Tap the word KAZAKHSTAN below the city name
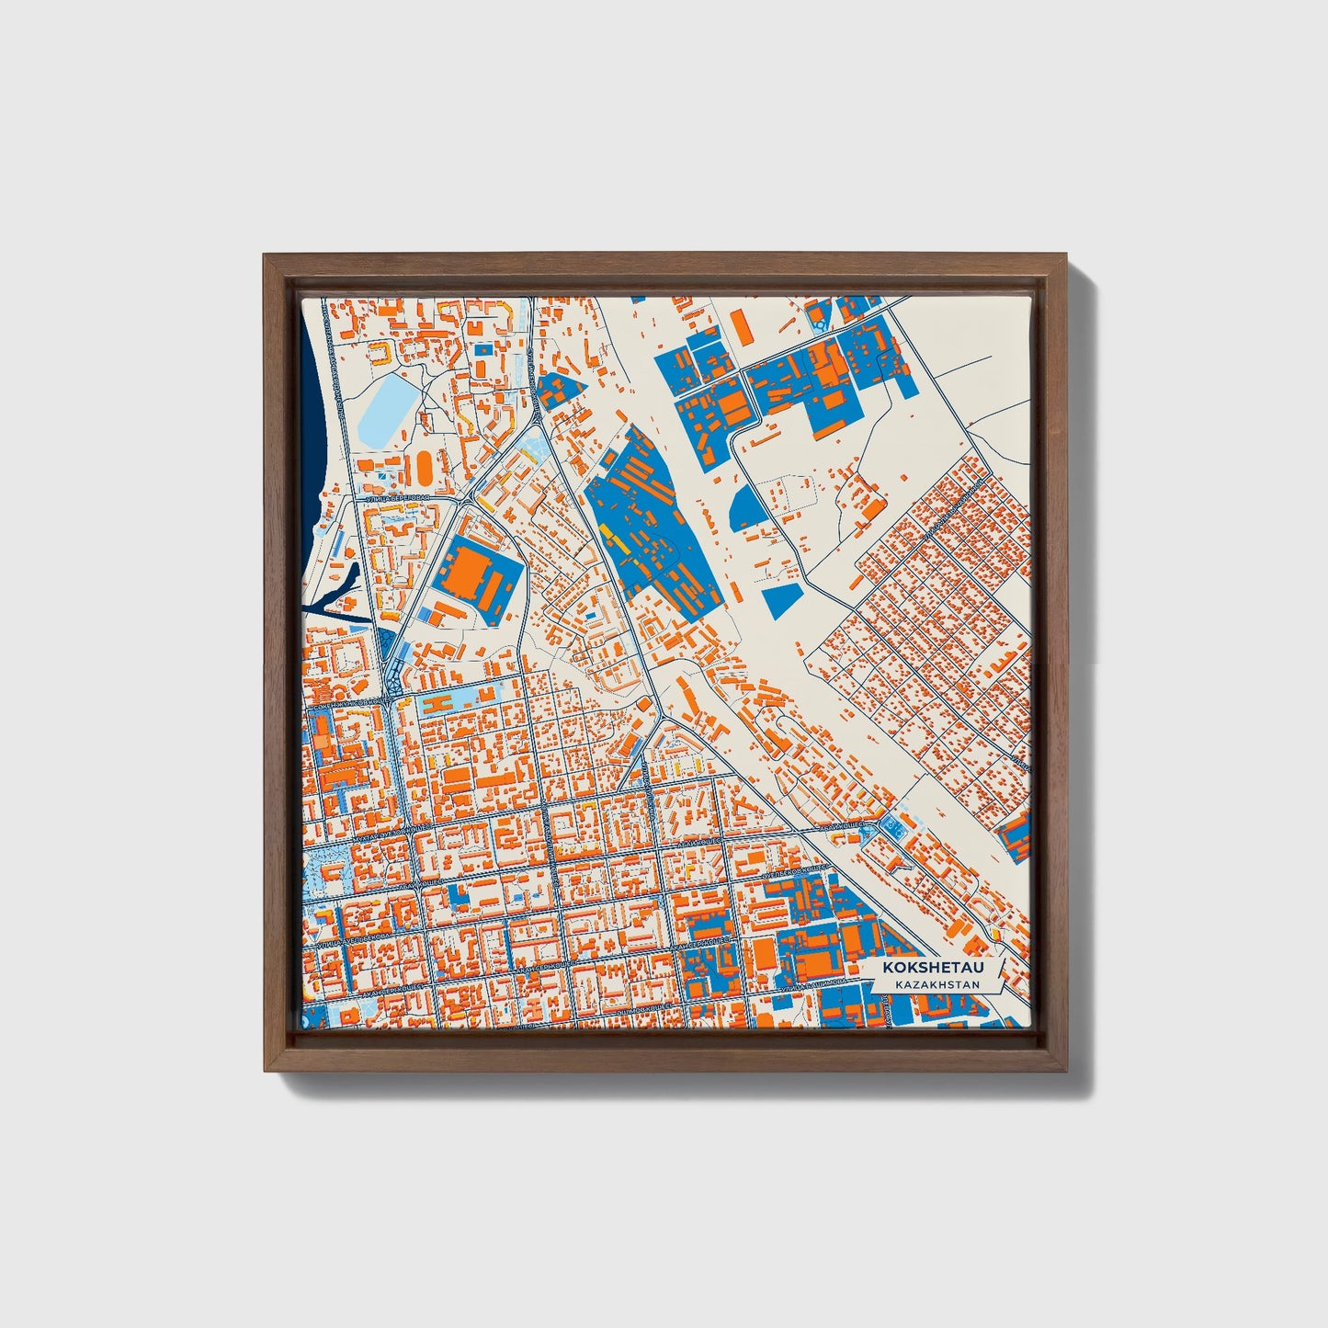[927, 984]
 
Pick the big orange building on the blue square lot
[470, 573]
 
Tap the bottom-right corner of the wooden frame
[1065, 1069]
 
